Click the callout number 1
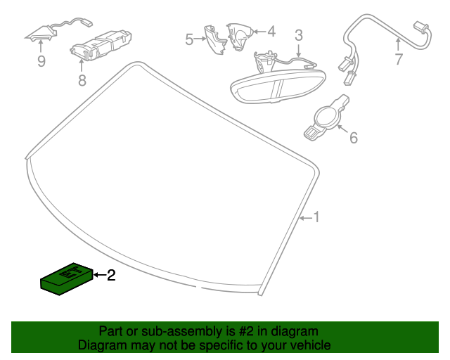(316, 218)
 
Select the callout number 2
(110, 276)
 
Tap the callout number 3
(299, 35)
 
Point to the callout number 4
(271, 31)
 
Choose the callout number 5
(189, 39)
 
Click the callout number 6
(353, 138)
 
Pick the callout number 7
(399, 60)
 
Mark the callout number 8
(82, 80)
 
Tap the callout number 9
(41, 62)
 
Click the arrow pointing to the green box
(98, 276)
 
